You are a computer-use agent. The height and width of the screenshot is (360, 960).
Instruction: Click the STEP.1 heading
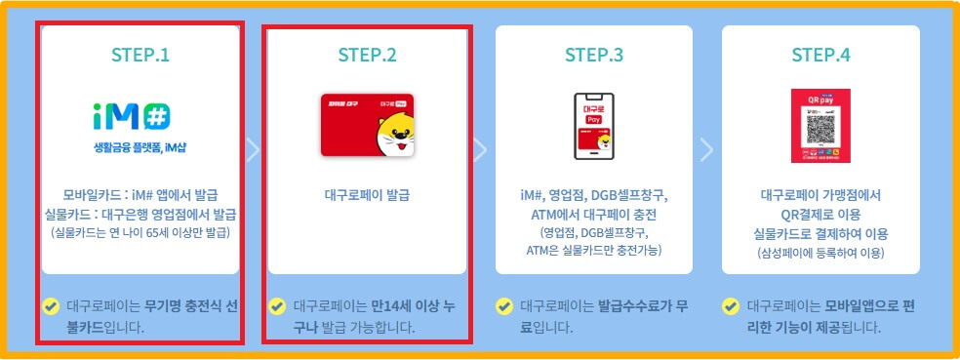[140, 55]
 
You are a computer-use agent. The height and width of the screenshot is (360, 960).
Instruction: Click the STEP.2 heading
[368, 55]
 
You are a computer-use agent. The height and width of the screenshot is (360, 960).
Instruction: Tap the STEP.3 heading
[594, 55]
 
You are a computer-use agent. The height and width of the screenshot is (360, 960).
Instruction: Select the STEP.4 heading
[820, 55]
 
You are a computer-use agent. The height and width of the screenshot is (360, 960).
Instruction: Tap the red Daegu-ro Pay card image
[368, 125]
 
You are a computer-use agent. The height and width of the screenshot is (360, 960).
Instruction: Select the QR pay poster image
[820, 125]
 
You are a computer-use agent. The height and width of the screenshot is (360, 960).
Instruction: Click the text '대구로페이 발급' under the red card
[368, 194]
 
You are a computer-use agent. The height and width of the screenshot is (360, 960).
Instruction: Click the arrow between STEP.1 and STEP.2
[253, 149]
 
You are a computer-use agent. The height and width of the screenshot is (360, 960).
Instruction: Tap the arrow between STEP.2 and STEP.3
[480, 149]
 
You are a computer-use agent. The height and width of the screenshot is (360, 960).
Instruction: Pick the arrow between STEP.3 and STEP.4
[706, 149]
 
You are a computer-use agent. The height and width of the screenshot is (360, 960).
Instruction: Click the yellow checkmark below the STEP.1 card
[51, 305]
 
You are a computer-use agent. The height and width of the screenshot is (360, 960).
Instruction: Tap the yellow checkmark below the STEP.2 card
[277, 305]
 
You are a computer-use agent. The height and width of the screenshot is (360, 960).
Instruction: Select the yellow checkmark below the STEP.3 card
[504, 305]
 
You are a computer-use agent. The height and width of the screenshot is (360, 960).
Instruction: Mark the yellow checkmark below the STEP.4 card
[731, 305]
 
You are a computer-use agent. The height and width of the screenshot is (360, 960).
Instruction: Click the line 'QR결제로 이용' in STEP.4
[820, 215]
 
